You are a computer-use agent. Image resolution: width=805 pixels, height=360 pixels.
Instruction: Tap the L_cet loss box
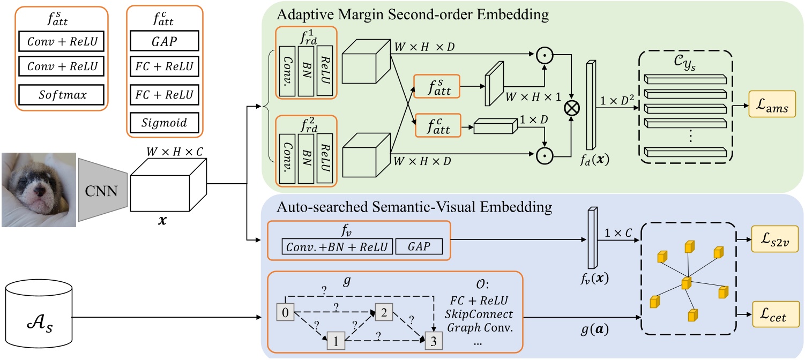[x=774, y=317]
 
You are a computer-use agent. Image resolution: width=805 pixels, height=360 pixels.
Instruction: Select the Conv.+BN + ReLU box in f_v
[x=337, y=247]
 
